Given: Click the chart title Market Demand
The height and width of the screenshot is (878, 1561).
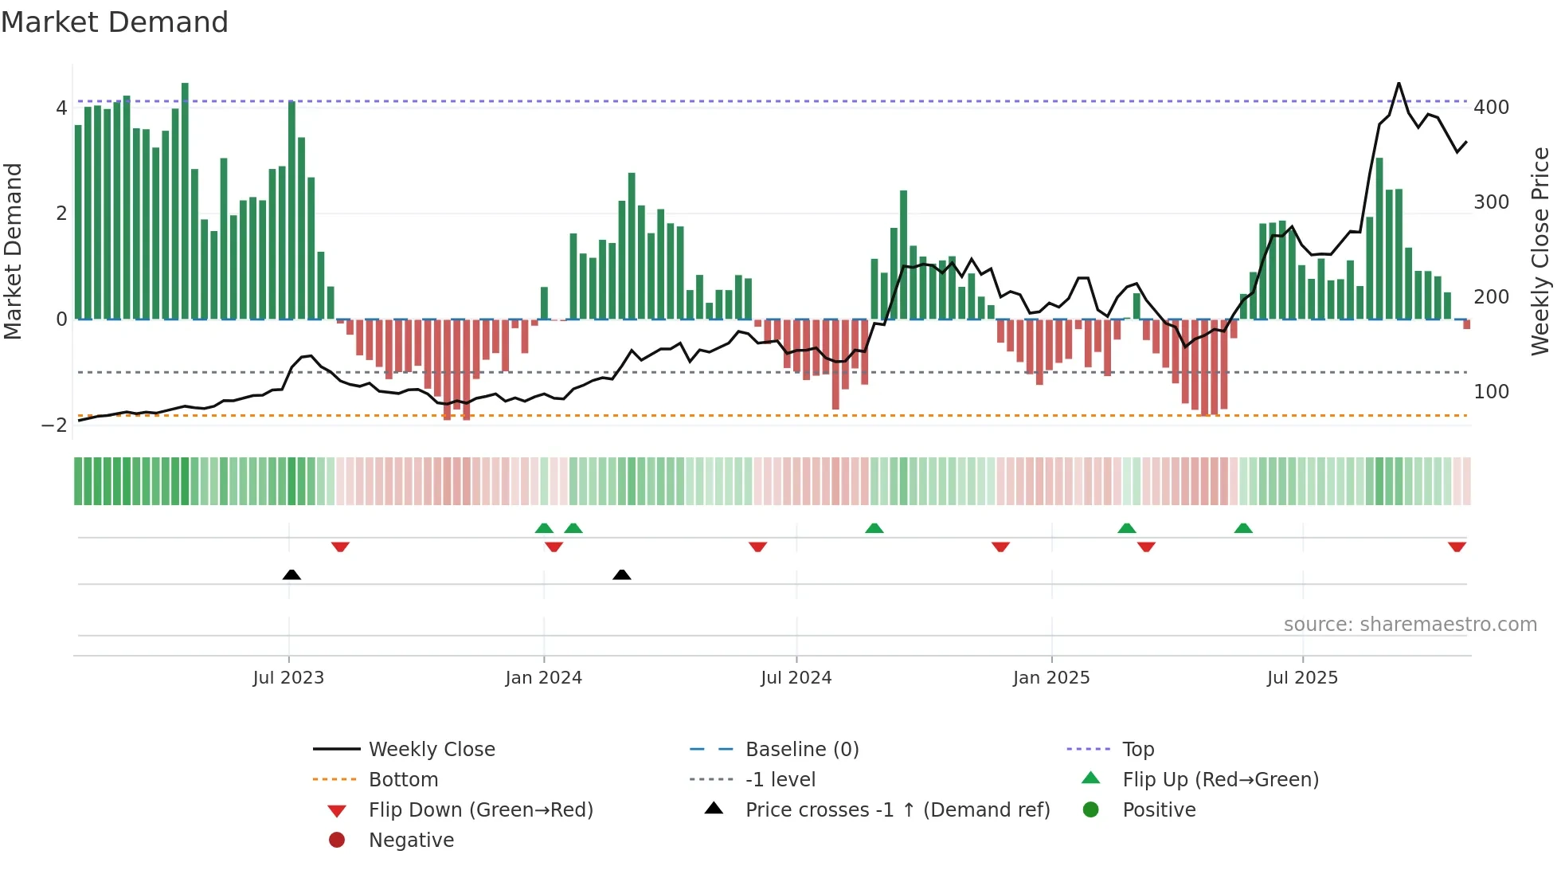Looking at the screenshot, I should click(115, 22).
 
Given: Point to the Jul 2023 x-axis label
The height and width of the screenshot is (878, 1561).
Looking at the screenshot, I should click(288, 678).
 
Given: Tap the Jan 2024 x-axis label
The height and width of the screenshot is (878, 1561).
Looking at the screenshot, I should click(543, 678).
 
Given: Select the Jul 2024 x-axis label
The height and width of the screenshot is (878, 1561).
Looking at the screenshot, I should click(796, 678).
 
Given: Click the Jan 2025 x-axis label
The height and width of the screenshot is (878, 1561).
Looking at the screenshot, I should click(1050, 678).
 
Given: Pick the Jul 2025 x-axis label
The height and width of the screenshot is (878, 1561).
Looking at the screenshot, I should click(1302, 678).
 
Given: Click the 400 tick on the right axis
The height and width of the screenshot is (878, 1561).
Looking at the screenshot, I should click(1491, 108).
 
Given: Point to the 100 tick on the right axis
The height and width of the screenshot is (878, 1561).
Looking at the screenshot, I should click(1491, 392).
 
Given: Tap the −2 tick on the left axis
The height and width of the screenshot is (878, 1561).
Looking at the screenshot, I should click(55, 425).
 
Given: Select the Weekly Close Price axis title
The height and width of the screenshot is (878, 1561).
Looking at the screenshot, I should click(1540, 251).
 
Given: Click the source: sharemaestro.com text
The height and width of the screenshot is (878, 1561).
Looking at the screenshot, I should click(1410, 625).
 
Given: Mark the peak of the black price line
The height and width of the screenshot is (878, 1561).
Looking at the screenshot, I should click(1399, 83).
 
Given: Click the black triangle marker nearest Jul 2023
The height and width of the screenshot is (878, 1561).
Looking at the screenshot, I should click(291, 574).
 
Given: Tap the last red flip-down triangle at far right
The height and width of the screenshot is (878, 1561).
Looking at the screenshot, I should click(1457, 547).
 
